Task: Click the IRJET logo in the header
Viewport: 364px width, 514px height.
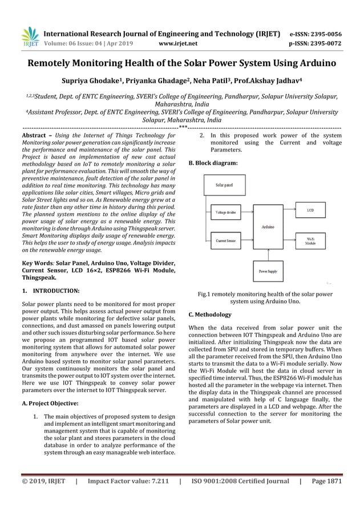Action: point(30,36)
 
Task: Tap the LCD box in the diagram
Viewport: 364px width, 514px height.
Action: point(310,210)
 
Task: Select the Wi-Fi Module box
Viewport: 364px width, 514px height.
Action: point(310,241)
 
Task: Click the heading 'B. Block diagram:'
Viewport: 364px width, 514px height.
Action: point(213,163)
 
